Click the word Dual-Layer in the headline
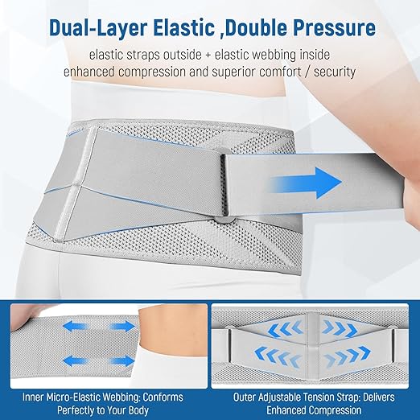pyautogui.click(x=98, y=27)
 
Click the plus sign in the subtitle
pyautogui.click(x=208, y=56)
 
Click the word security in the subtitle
pyautogui.click(x=335, y=72)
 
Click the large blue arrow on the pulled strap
pyautogui.click(x=307, y=183)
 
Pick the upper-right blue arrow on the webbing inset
pyautogui.click(x=122, y=327)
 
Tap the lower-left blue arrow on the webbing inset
pyautogui.click(x=75, y=360)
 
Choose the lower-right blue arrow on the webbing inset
pyautogui.click(x=122, y=360)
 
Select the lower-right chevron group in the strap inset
pyautogui.click(x=348, y=355)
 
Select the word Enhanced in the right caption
pyautogui.click(x=286, y=410)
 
